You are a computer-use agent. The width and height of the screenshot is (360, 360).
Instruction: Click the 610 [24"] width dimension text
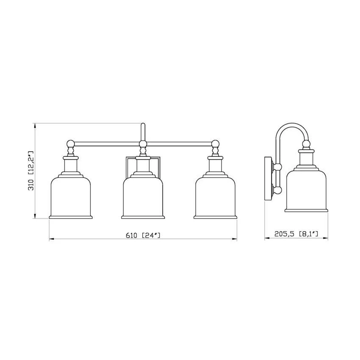(143, 235)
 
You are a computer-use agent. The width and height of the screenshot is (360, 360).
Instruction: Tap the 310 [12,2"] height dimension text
(31, 171)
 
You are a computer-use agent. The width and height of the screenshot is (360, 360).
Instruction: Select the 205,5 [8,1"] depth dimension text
(296, 234)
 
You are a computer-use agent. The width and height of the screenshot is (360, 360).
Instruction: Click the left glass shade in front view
(71, 197)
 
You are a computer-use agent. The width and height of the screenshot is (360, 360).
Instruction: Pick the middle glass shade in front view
(143, 197)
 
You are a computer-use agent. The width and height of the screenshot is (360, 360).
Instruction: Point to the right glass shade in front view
(215, 197)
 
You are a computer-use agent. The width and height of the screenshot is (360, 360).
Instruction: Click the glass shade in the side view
(307, 191)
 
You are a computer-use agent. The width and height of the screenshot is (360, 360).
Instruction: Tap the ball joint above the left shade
(70, 144)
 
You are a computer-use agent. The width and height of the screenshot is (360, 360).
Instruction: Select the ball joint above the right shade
(215, 144)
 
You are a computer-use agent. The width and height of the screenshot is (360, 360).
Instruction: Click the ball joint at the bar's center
(143, 144)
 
